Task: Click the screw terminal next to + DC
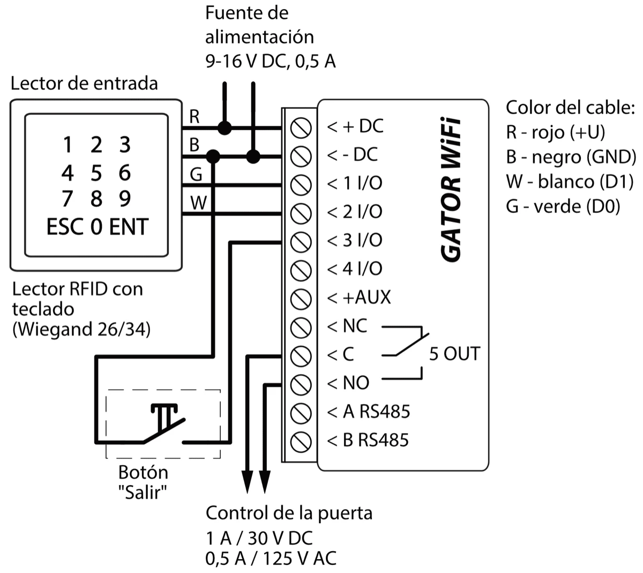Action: pos(301,128)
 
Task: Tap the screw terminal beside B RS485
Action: pos(301,441)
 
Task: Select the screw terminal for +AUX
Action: pos(301,299)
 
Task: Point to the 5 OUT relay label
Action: pos(454,354)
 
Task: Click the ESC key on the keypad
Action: pos(64,227)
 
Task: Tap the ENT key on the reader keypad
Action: pos(129,227)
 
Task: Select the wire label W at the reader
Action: pos(198,203)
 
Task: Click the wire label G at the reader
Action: pos(196,175)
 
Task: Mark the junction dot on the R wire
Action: pos(225,128)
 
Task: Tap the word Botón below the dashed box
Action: pos(143,473)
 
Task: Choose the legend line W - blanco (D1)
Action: pos(570,182)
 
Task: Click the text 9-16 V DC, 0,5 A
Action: pos(271,62)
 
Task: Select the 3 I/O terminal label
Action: pos(355,241)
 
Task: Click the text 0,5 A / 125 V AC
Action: pos(271,559)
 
